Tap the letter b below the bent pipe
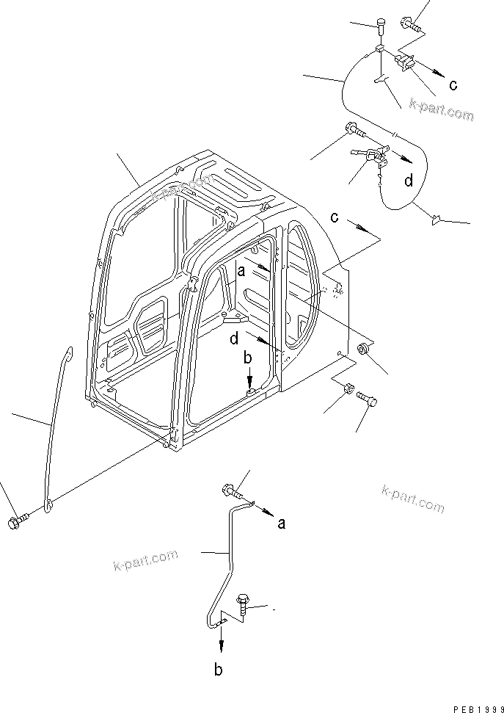coord(218,669)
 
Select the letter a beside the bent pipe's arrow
coord(281,524)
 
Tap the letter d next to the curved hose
coord(408,179)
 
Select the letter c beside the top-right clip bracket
coord(453,85)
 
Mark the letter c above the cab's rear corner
coord(334,217)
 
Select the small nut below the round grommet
coord(348,389)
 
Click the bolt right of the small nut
coord(368,399)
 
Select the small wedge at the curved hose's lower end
coord(435,217)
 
